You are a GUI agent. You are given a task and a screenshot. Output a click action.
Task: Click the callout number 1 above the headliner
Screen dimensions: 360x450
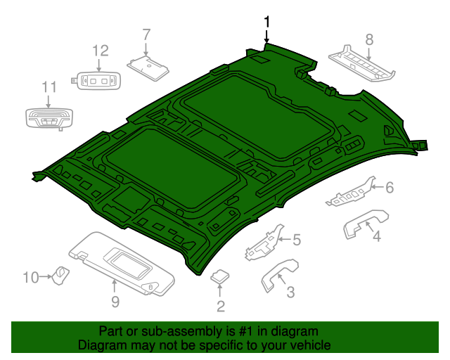tap(266, 22)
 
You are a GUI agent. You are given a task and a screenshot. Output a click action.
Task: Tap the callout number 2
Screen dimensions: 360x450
tap(220, 306)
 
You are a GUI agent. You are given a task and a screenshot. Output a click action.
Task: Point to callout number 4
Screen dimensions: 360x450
tap(377, 237)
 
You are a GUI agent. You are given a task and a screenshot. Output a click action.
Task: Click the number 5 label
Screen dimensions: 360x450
tap(296, 240)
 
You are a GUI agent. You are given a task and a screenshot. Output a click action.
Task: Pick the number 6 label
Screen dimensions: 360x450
tap(389, 187)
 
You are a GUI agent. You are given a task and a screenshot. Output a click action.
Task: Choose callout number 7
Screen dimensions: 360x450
tap(146, 34)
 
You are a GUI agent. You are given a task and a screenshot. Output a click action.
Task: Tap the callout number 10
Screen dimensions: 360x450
tap(30, 278)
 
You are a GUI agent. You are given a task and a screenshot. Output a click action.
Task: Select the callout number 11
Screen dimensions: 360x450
tap(48, 87)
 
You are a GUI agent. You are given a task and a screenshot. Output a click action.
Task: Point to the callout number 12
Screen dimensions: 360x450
tap(101, 51)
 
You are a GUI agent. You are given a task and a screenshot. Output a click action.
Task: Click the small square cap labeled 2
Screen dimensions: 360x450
tap(221, 276)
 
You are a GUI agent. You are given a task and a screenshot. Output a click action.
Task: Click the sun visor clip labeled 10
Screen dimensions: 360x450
tap(62, 273)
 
